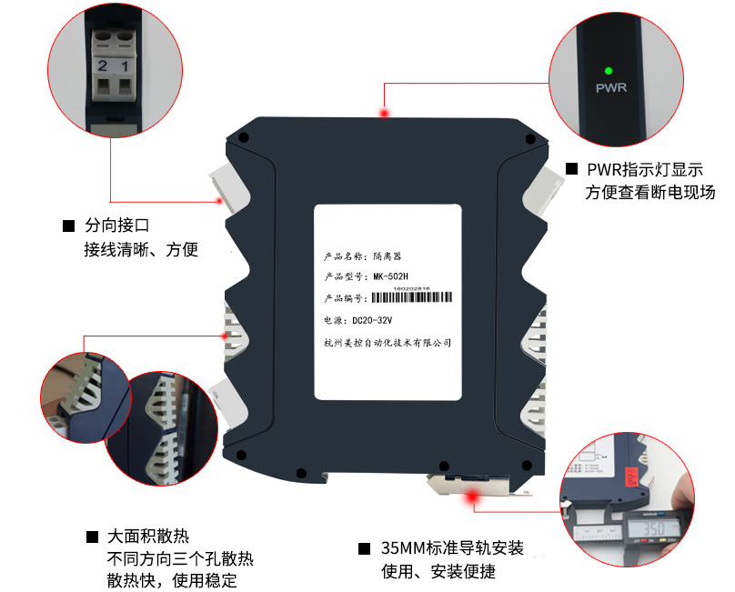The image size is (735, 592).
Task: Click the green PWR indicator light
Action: [x=608, y=69]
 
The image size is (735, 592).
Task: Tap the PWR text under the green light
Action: [x=608, y=89]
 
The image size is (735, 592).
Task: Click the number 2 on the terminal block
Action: [x=103, y=65]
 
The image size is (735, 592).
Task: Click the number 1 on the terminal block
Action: [x=125, y=65]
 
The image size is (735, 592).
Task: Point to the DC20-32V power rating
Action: [x=367, y=320]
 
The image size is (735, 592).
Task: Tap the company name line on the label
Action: [x=388, y=343]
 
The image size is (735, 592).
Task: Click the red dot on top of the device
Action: [x=385, y=113]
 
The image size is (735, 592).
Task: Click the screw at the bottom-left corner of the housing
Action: [x=242, y=455]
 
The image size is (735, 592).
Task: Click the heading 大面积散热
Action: [x=148, y=537]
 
